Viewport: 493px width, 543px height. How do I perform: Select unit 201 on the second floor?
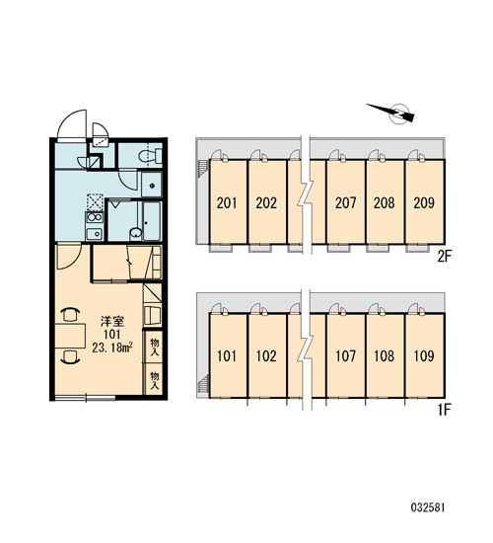[228, 201]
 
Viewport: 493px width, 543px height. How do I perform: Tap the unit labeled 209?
[425, 201]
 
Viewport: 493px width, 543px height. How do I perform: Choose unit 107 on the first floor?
[346, 355]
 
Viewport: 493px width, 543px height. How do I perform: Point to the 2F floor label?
[445, 257]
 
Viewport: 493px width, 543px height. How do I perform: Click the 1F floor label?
[445, 411]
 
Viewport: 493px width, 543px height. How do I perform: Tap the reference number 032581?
[428, 507]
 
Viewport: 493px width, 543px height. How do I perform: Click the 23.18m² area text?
[112, 348]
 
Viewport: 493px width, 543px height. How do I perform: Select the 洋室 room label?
[112, 322]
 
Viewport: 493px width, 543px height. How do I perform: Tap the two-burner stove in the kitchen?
[95, 217]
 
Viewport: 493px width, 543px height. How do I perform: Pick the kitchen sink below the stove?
[94, 234]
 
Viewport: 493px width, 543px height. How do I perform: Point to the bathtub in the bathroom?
[152, 221]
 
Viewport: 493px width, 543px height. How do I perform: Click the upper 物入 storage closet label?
[154, 348]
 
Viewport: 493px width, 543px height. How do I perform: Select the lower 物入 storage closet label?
[154, 380]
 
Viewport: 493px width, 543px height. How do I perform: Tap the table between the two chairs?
[70, 336]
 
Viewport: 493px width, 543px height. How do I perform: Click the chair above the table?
[70, 314]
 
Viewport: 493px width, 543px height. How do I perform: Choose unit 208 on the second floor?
[385, 201]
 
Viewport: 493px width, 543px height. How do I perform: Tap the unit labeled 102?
[267, 355]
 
